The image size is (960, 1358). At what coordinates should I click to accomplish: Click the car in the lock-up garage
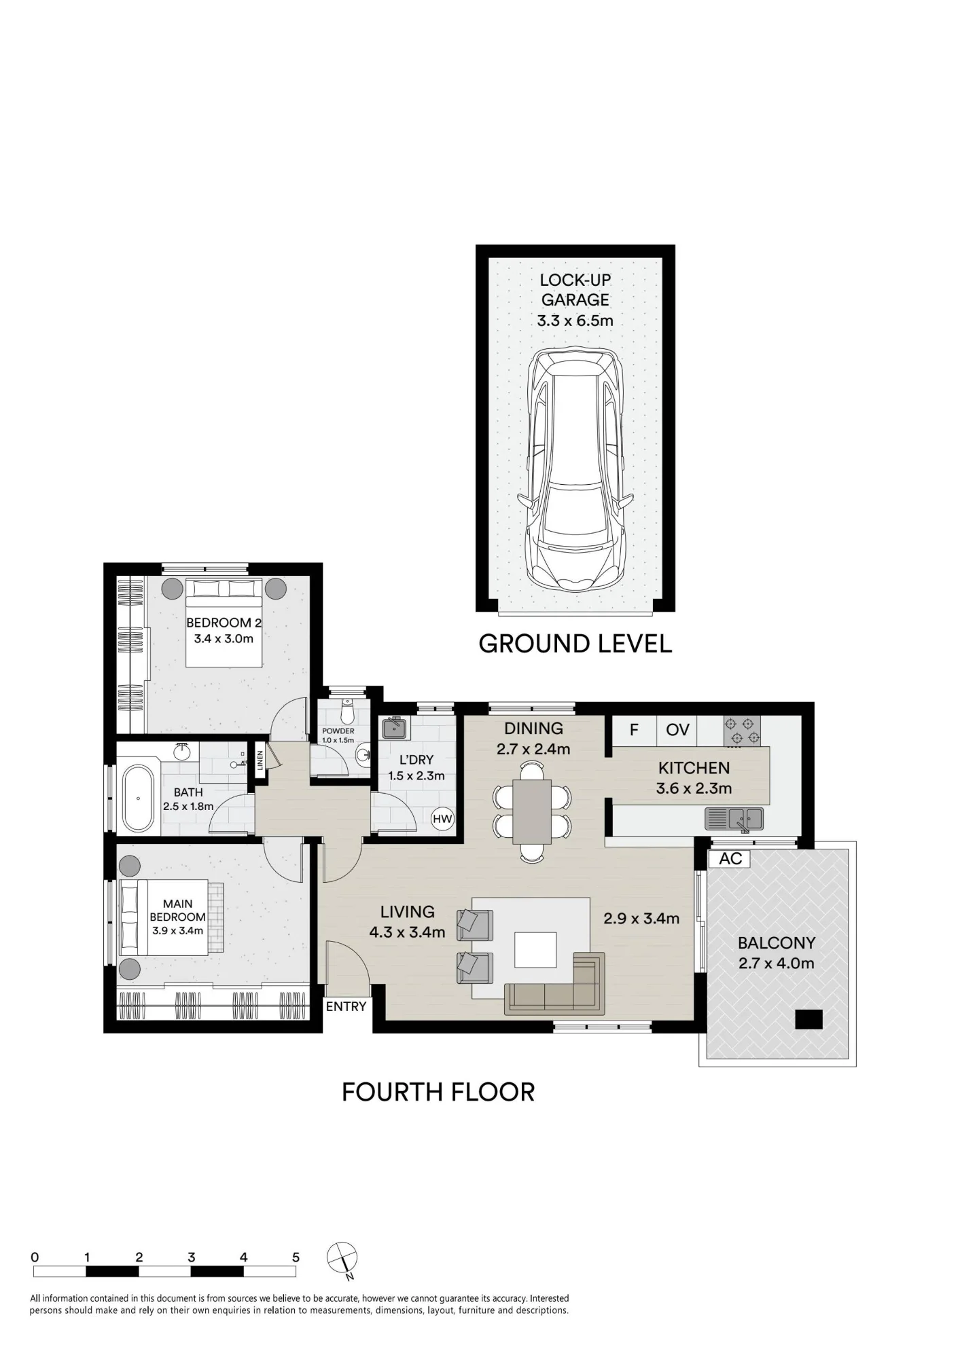pyautogui.click(x=575, y=469)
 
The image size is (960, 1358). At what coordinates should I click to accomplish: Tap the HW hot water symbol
pyautogui.click(x=442, y=819)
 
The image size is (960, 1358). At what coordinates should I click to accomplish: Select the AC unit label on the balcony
pyautogui.click(x=730, y=858)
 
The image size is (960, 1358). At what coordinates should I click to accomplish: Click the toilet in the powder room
pyautogui.click(x=347, y=713)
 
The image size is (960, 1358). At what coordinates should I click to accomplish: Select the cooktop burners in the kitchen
pyautogui.click(x=742, y=731)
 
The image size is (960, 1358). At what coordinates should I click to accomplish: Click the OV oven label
pyautogui.click(x=677, y=730)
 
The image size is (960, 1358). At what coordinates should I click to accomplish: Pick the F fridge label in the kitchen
pyautogui.click(x=634, y=730)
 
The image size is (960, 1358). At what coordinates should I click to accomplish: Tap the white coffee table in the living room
pyautogui.click(x=535, y=949)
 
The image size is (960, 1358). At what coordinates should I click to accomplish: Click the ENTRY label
pyautogui.click(x=346, y=1006)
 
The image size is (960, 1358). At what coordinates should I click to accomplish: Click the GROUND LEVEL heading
pyautogui.click(x=575, y=644)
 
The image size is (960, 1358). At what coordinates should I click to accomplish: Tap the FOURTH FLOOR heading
pyautogui.click(x=438, y=1092)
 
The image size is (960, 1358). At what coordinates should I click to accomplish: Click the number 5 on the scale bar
pyautogui.click(x=296, y=1257)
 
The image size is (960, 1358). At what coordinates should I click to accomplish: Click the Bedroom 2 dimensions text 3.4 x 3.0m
pyautogui.click(x=224, y=638)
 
